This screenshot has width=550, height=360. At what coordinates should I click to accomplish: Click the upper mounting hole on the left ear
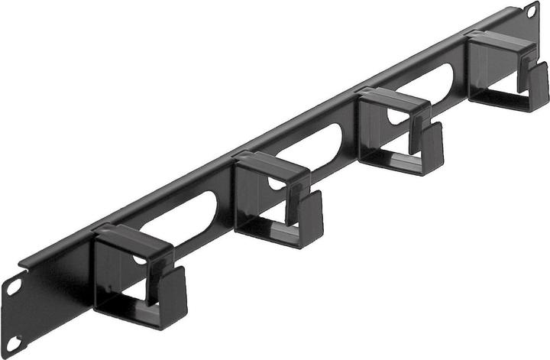[14, 287]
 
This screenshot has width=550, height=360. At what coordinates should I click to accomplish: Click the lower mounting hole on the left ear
[13, 344]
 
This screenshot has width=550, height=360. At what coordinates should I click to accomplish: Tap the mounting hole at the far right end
[530, 11]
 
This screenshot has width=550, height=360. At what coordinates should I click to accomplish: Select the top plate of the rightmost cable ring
[500, 42]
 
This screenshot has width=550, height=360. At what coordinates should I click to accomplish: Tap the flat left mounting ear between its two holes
[14, 315]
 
